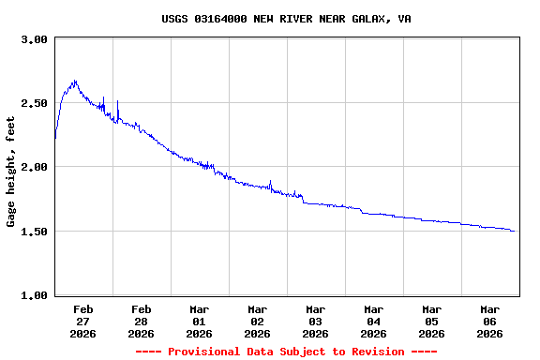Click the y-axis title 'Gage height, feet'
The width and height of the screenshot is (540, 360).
tap(11, 172)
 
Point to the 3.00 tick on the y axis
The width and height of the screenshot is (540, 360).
tap(34, 40)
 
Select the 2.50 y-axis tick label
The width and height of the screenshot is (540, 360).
tap(34, 103)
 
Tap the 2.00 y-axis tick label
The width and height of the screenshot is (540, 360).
tap(34, 167)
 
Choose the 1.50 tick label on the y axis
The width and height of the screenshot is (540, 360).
tap(34, 232)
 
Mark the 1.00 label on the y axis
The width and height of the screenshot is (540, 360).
tap(34, 295)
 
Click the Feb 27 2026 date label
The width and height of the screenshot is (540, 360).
tap(83, 321)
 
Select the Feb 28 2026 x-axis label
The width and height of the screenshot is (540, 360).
tap(142, 321)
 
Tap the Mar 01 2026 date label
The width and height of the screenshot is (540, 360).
tap(200, 321)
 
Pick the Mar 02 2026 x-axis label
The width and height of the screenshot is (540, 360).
tap(258, 321)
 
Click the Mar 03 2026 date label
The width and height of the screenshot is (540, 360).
tap(316, 321)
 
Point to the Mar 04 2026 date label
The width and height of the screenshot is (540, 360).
tap(374, 321)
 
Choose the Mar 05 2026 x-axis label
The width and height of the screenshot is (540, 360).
tap(432, 321)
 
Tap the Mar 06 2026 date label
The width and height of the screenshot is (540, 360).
tap(490, 321)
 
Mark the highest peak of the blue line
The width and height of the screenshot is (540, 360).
tap(74, 81)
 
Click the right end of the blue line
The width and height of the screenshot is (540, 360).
tap(514, 231)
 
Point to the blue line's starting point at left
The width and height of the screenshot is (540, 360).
tap(55, 139)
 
